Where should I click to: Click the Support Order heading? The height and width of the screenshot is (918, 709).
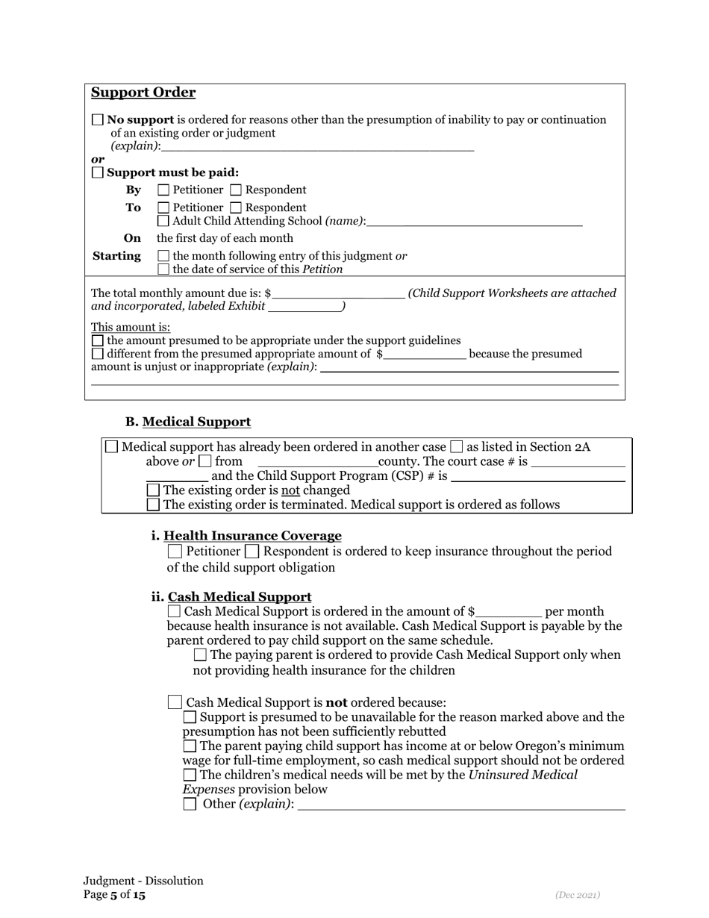pyautogui.click(x=143, y=93)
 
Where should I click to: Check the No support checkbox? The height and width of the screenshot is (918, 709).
pyautogui.click(x=98, y=119)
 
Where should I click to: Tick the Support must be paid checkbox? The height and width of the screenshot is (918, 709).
pyautogui.click(x=98, y=172)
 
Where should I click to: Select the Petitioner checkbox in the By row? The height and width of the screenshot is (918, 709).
pyautogui.click(x=164, y=190)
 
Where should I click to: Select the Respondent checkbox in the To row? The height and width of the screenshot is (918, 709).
pyautogui.click(x=237, y=207)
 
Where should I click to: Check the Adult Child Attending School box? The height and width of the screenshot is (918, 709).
pyautogui.click(x=164, y=221)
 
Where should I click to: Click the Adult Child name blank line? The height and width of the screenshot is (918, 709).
pyautogui.click(x=475, y=221)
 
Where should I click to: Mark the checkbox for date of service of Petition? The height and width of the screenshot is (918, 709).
pyautogui.click(x=164, y=269)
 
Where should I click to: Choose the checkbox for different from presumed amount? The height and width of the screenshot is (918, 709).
pyautogui.click(x=98, y=354)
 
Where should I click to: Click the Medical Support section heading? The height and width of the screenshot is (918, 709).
pyautogui.click(x=196, y=422)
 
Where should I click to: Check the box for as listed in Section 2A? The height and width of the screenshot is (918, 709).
pyautogui.click(x=457, y=447)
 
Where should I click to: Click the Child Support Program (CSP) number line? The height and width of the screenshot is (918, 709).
pyautogui.click(x=538, y=476)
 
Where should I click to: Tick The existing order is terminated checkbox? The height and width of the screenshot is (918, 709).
pyautogui.click(x=154, y=505)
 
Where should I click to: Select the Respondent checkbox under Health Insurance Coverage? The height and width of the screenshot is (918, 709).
pyautogui.click(x=252, y=552)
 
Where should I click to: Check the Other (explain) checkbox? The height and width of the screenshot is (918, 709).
pyautogui.click(x=190, y=804)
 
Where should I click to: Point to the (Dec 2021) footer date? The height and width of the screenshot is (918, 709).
pyautogui.click(x=577, y=894)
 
